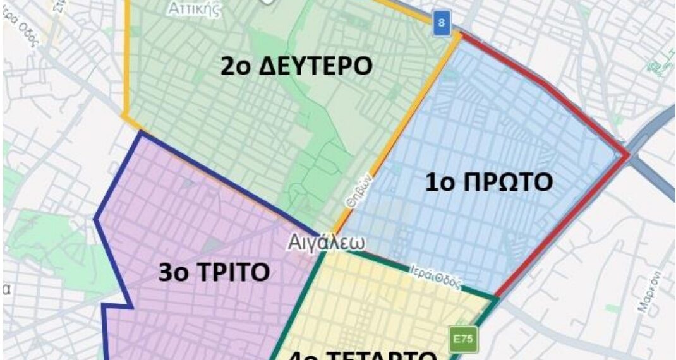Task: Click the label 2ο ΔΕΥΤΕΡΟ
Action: [296, 66]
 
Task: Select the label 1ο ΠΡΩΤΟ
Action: [488, 182]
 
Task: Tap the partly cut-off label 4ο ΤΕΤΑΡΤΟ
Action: [363, 354]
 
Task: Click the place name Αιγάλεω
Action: [325, 243]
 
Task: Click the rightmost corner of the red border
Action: [627, 155]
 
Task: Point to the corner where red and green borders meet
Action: [495, 297]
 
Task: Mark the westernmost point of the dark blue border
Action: [95, 219]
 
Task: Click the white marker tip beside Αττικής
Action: [269, 3]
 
